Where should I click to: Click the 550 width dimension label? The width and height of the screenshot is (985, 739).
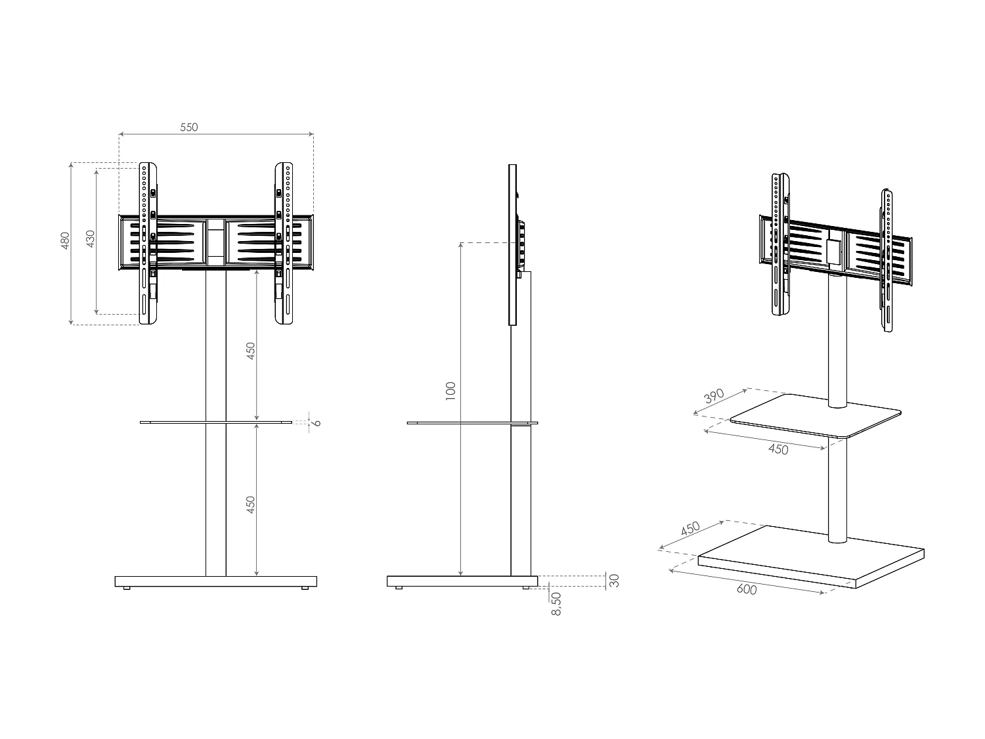tap(189, 127)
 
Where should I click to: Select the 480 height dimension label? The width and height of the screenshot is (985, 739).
tap(65, 241)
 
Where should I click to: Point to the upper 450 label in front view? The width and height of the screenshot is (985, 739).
tap(250, 352)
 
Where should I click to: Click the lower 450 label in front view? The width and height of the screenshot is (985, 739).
tap(250, 504)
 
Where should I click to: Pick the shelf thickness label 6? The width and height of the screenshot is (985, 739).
tap(317, 422)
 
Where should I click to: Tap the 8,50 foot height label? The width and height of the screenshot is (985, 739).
tap(556, 603)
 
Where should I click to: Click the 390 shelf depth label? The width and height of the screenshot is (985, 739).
tap(714, 397)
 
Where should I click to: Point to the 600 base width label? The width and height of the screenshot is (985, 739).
tap(747, 589)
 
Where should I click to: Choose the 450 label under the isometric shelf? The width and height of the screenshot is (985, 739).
tap(777, 449)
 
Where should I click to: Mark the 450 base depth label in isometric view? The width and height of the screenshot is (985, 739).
tap(690, 529)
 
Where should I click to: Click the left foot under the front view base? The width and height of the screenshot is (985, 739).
tap(126, 589)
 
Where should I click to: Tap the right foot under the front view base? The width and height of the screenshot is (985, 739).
tap(305, 589)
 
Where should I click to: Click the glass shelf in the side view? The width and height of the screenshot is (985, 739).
tap(460, 423)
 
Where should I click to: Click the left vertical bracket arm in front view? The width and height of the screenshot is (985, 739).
tap(148, 243)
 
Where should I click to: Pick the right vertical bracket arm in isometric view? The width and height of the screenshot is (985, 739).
tap(886, 263)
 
